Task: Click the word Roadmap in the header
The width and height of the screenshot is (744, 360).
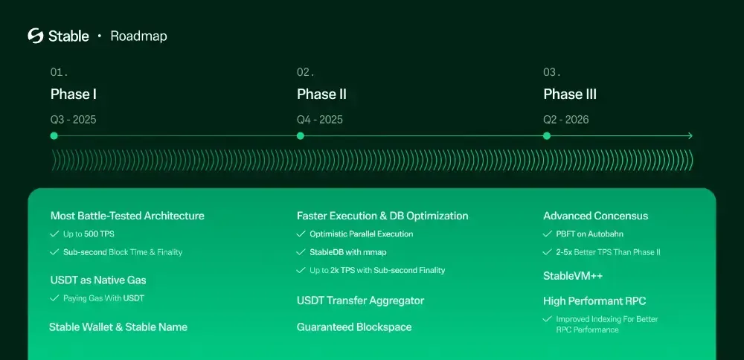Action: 138,36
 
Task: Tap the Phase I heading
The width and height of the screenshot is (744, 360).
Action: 74,94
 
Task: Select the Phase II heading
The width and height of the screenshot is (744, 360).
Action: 321,94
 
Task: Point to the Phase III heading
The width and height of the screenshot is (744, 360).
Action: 570,94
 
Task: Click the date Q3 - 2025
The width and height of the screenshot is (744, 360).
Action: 73,119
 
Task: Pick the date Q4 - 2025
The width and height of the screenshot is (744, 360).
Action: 320,119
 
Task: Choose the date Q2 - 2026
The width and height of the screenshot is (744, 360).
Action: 566,119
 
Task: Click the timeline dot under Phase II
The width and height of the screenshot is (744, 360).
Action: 301,135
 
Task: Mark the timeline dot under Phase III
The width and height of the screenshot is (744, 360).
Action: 547,135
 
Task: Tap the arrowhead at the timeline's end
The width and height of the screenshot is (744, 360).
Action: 690,135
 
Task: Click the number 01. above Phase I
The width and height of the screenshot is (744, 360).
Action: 59,72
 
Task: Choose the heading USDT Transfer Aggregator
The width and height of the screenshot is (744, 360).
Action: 360,300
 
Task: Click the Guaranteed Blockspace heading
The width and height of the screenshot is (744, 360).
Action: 354,327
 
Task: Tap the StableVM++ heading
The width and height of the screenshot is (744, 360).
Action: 573,276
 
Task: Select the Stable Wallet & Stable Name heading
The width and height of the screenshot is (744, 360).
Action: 118,327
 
